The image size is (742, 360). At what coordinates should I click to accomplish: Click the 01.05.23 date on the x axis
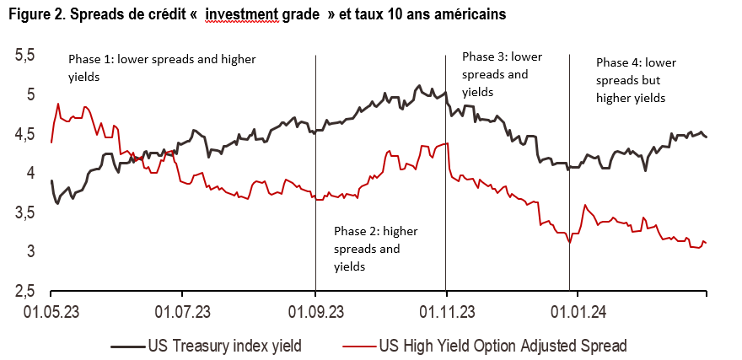(52, 312)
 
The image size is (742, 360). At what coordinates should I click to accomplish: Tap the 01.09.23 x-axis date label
(315, 312)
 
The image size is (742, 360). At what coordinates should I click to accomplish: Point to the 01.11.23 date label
(445, 312)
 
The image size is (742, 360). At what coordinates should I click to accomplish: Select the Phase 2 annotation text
(376, 248)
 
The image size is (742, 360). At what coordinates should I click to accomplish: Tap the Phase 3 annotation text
(503, 74)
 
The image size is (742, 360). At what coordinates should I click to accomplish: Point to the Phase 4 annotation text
(636, 80)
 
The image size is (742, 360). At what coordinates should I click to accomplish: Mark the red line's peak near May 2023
(58, 104)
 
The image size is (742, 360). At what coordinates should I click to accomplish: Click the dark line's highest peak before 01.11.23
(419, 85)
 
